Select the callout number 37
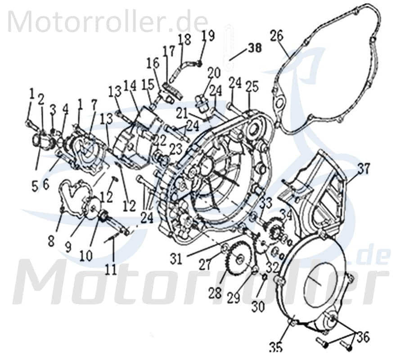pyautogui.click(x=364, y=169)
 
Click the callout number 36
pyautogui.click(x=363, y=336)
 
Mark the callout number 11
pyautogui.click(x=111, y=269)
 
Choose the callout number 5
pyautogui.click(x=35, y=186)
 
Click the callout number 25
pyautogui.click(x=251, y=86)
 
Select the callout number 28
pyautogui.click(x=215, y=293)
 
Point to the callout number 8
pyautogui.click(x=51, y=241)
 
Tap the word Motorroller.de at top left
pyautogui.click(x=108, y=21)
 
